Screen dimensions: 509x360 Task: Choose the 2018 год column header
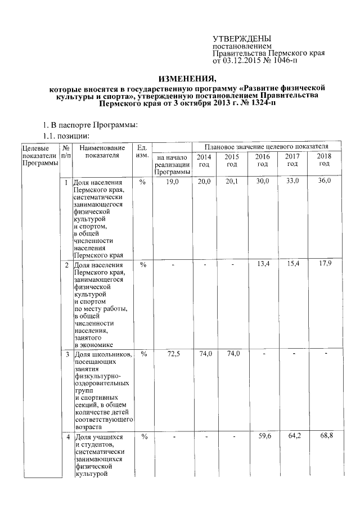324,160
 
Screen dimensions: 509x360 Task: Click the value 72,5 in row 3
172,354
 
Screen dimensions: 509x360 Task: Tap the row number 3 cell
67,354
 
